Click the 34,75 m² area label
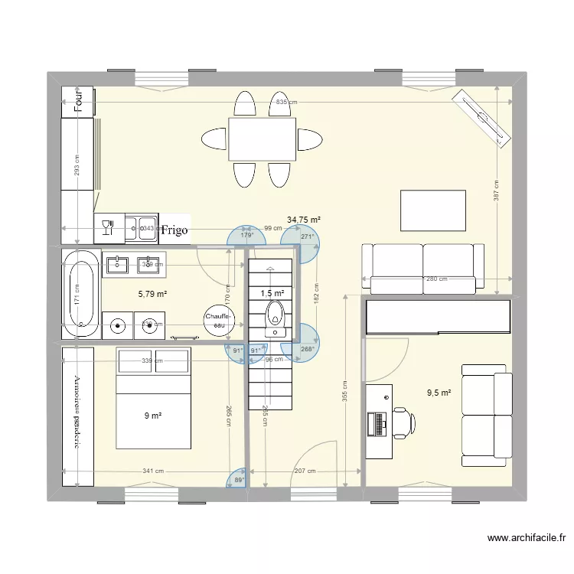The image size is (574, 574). [303, 220]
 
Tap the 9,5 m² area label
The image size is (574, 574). [439, 393]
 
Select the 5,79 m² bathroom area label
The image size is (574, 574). [152, 293]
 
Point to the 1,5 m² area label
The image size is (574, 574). [272, 293]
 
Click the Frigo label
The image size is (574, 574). [174, 230]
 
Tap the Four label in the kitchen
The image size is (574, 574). [77, 101]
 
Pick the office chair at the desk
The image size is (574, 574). [403, 421]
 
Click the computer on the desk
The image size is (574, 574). [378, 422]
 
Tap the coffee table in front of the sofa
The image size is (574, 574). [433, 210]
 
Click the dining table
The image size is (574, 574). [263, 139]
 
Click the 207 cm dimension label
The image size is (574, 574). [305, 471]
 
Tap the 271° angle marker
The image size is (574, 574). [307, 237]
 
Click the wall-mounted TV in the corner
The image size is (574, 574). [483, 117]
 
